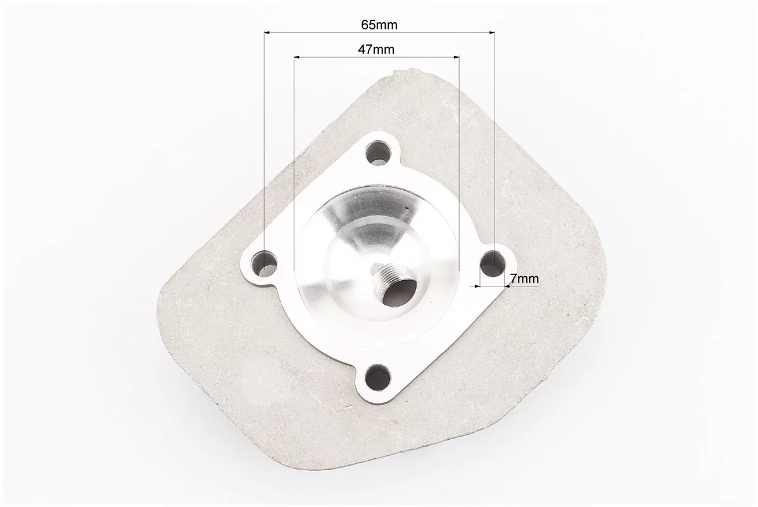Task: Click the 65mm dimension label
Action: tap(379, 24)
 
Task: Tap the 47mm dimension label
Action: tap(376, 49)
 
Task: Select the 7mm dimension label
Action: tap(524, 279)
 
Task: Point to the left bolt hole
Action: tap(265, 262)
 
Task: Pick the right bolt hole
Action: tap(493, 261)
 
